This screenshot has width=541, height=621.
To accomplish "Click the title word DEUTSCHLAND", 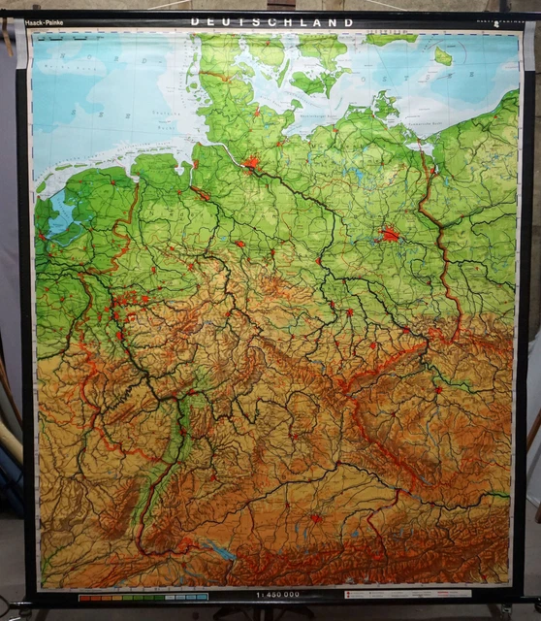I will coord(271,21).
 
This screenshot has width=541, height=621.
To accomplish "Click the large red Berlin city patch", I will coord(390,234).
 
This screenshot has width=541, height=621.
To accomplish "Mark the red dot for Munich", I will coord(315,518).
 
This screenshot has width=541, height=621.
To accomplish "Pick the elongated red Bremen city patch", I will coord(200,193).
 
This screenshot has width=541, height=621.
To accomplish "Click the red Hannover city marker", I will coord(239,243).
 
